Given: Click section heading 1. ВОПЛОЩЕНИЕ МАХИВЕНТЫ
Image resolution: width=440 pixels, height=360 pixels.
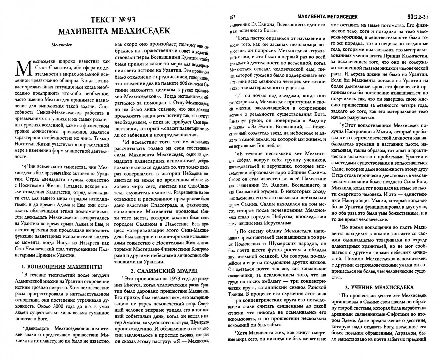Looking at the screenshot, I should point(62,267).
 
